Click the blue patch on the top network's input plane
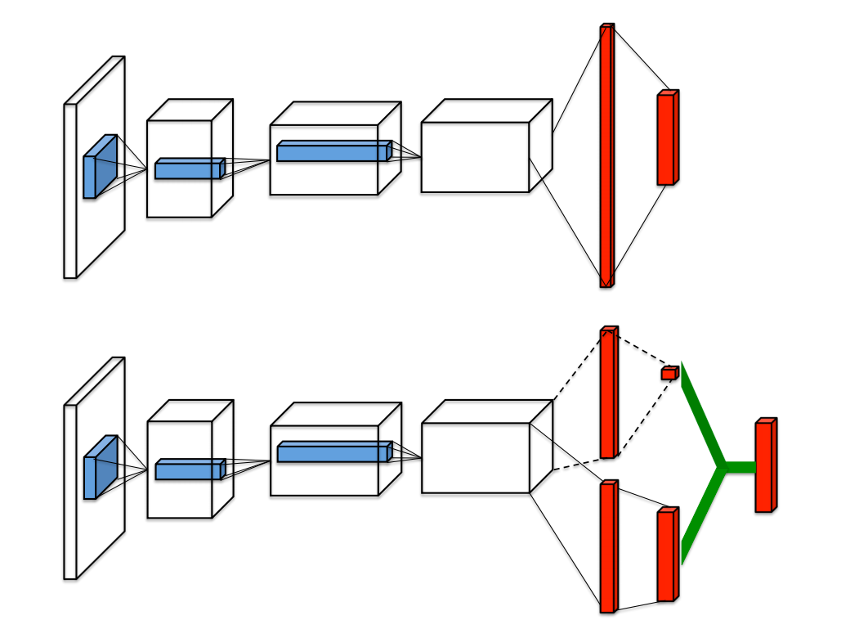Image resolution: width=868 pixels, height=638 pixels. point(98,167)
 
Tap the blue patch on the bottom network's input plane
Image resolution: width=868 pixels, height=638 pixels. point(98,468)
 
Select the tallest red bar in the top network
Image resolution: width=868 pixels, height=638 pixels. point(606,155)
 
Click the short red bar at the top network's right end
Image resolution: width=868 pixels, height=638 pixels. point(667,138)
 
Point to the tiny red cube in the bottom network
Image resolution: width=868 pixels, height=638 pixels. point(669,373)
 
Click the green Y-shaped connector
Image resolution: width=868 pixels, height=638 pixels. point(719,467)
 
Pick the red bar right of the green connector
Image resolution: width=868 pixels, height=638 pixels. point(764,465)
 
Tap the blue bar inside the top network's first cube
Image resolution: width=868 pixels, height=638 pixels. point(189,169)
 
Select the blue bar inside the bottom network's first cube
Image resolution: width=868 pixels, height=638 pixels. point(189,470)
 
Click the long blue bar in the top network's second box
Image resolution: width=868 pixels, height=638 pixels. point(332,151)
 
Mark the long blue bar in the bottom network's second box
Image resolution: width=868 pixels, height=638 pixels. point(332,452)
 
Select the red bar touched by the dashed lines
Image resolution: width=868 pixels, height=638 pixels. point(608,393)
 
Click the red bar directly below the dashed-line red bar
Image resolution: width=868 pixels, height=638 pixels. point(608,546)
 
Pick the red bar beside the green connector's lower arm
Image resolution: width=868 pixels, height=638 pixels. point(667,555)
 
